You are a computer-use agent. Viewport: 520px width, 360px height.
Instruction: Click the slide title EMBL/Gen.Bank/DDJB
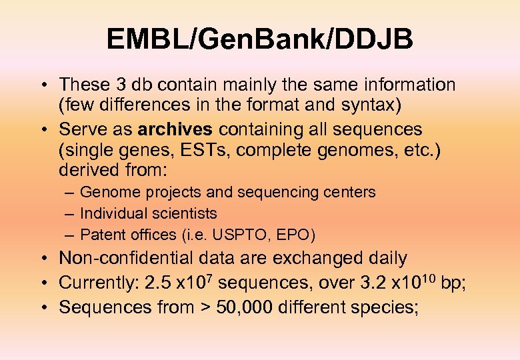click(x=260, y=39)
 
